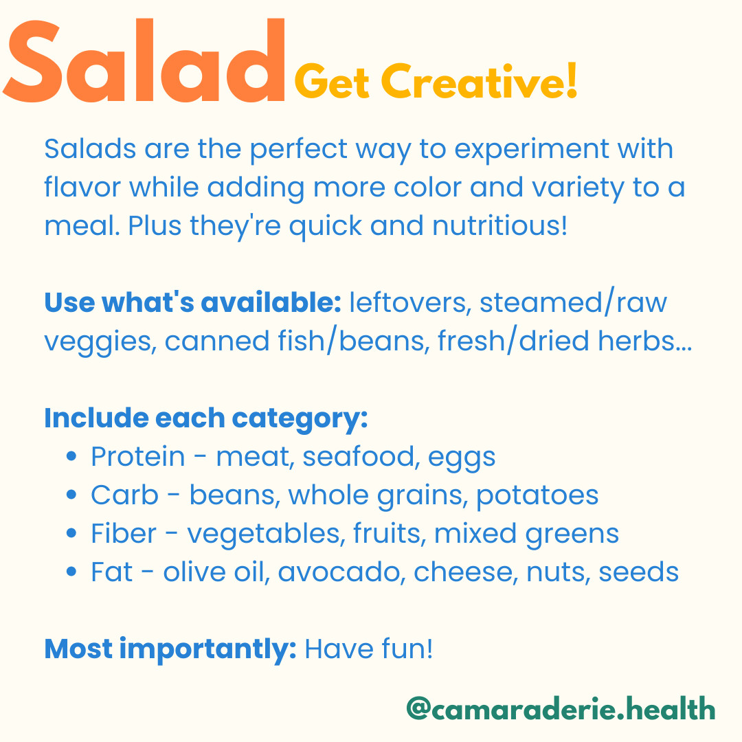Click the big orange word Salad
144,60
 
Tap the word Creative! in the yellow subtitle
479,81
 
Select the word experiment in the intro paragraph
531,150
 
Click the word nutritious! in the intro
499,225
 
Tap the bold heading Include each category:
206,418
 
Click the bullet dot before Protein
71,457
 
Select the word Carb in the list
124,495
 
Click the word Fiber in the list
123,533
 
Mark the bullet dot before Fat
71,572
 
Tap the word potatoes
537,496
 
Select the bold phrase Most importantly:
170,649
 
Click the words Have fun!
369,649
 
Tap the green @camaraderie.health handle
561,708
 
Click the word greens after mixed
572,535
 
